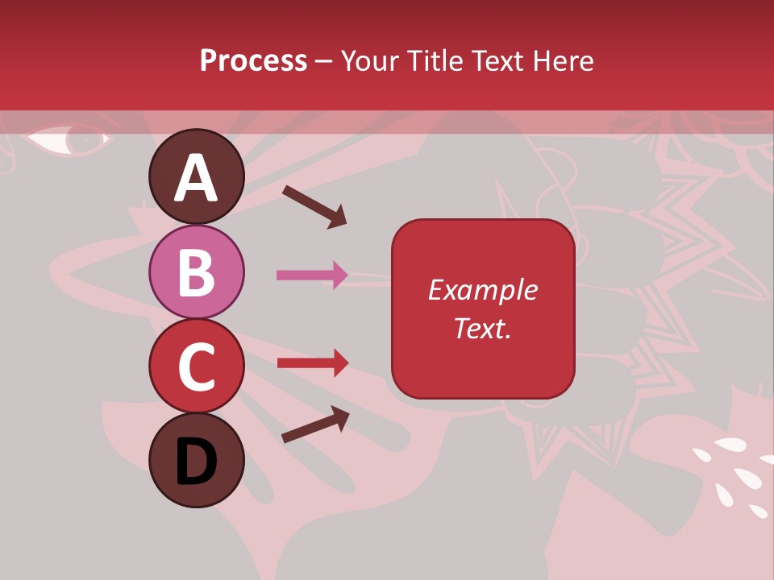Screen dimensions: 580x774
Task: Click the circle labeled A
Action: click(x=197, y=176)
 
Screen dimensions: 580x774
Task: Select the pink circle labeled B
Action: click(x=197, y=272)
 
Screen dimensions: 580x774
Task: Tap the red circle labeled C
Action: click(x=197, y=366)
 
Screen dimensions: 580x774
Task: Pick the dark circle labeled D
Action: click(x=197, y=460)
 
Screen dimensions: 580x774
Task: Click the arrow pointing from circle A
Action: click(x=314, y=205)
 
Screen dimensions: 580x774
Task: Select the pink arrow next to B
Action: click(x=312, y=275)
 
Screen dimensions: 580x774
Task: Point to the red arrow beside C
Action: click(x=313, y=362)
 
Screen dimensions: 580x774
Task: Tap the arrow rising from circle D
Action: click(x=315, y=425)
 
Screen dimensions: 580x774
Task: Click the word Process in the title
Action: click(x=253, y=60)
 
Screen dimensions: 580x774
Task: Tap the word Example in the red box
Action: click(x=482, y=290)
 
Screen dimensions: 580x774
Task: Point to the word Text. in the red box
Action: click(x=482, y=328)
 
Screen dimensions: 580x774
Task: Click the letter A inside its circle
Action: click(x=197, y=178)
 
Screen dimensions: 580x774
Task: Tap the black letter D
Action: click(x=197, y=462)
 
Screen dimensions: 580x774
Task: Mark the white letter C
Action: click(x=197, y=367)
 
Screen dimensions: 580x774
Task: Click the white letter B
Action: click(x=197, y=273)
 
